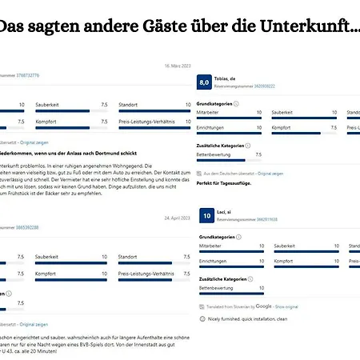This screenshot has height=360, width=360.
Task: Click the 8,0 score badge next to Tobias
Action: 204,82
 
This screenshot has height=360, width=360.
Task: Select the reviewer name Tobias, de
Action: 229,78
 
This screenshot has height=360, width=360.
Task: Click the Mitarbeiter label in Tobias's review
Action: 210,113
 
